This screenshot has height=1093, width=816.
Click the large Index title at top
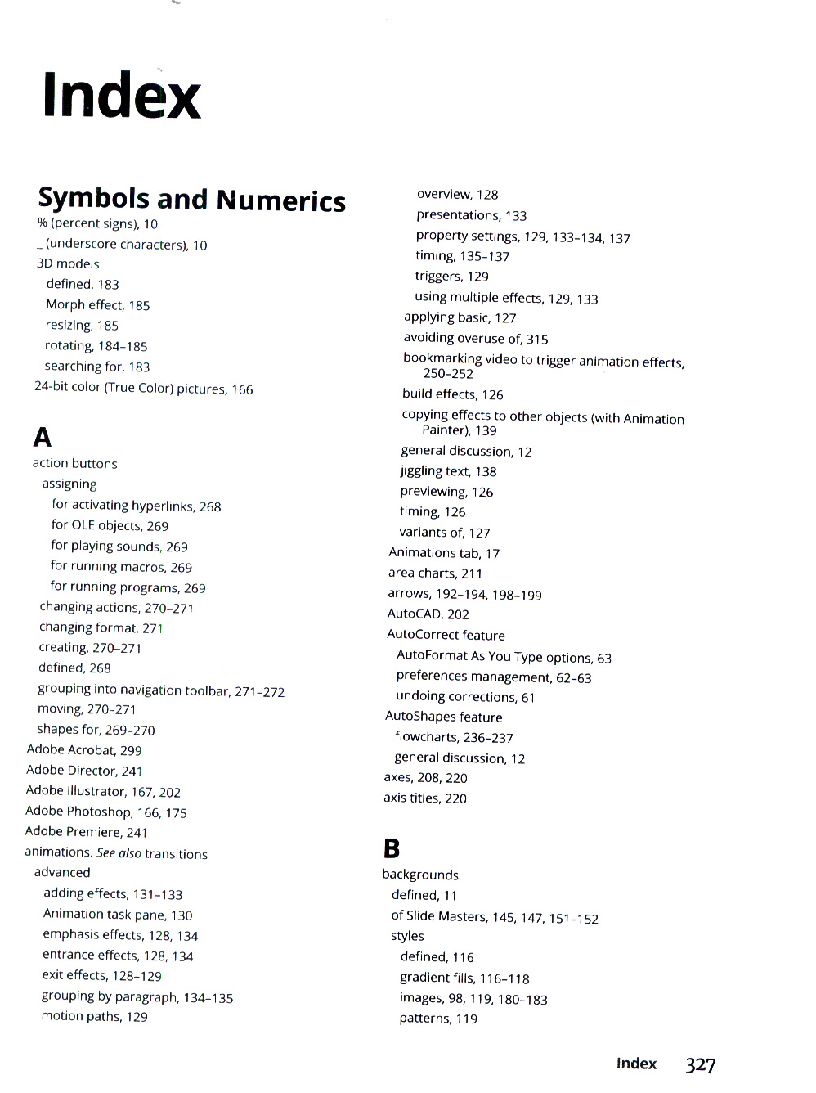pos(121,95)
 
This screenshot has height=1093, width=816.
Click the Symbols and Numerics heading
pos(191,199)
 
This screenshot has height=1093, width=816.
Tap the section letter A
pos(42,438)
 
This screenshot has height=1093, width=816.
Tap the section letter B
pos(392,848)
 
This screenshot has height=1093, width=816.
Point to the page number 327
pos(701,1064)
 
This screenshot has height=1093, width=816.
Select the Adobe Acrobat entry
pos(83,749)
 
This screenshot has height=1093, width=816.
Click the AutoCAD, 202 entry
pos(428,614)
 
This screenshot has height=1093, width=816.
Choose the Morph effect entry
pos(97,304)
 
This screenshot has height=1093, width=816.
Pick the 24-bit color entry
pos(143,388)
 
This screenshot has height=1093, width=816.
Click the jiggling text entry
pos(448,470)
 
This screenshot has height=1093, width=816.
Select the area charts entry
pos(435,573)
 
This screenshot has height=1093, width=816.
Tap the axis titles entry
pos(424,798)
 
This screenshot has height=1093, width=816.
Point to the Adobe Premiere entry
pos(86,831)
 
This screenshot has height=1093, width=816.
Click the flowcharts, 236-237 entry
pos(454,737)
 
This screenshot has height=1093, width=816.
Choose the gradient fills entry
pos(464,978)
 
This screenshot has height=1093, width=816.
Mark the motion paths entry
pos(94,1016)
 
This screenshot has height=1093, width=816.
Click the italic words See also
pos(119,852)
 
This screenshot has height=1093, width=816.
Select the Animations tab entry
pos(443,553)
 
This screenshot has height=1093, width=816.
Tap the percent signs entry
pos(97,223)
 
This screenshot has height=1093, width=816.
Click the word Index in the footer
pos(636,1064)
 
